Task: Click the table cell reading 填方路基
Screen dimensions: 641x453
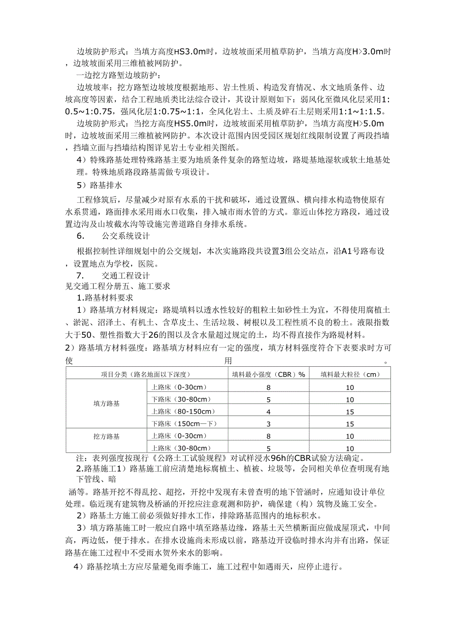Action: pos(106,404)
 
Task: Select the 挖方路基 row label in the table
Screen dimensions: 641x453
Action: pos(106,436)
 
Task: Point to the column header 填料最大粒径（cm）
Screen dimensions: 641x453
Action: pos(350,374)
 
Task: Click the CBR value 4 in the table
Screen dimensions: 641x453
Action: pos(268,412)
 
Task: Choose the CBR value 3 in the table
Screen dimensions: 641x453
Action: pos(268,424)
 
